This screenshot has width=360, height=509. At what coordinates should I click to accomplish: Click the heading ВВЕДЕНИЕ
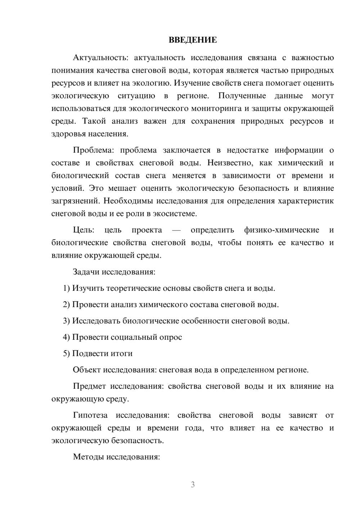coord(193,40)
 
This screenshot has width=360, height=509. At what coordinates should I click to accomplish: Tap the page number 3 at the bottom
coord(193,485)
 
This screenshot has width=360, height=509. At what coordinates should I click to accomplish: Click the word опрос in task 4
coord(170,337)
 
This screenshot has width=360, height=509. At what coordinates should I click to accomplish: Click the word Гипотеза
coord(90,415)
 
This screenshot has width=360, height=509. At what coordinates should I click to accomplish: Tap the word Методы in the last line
coord(88,457)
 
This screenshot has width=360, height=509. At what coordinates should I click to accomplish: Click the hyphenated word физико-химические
coord(282,230)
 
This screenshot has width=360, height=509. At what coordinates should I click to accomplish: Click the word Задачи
coord(86,272)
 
